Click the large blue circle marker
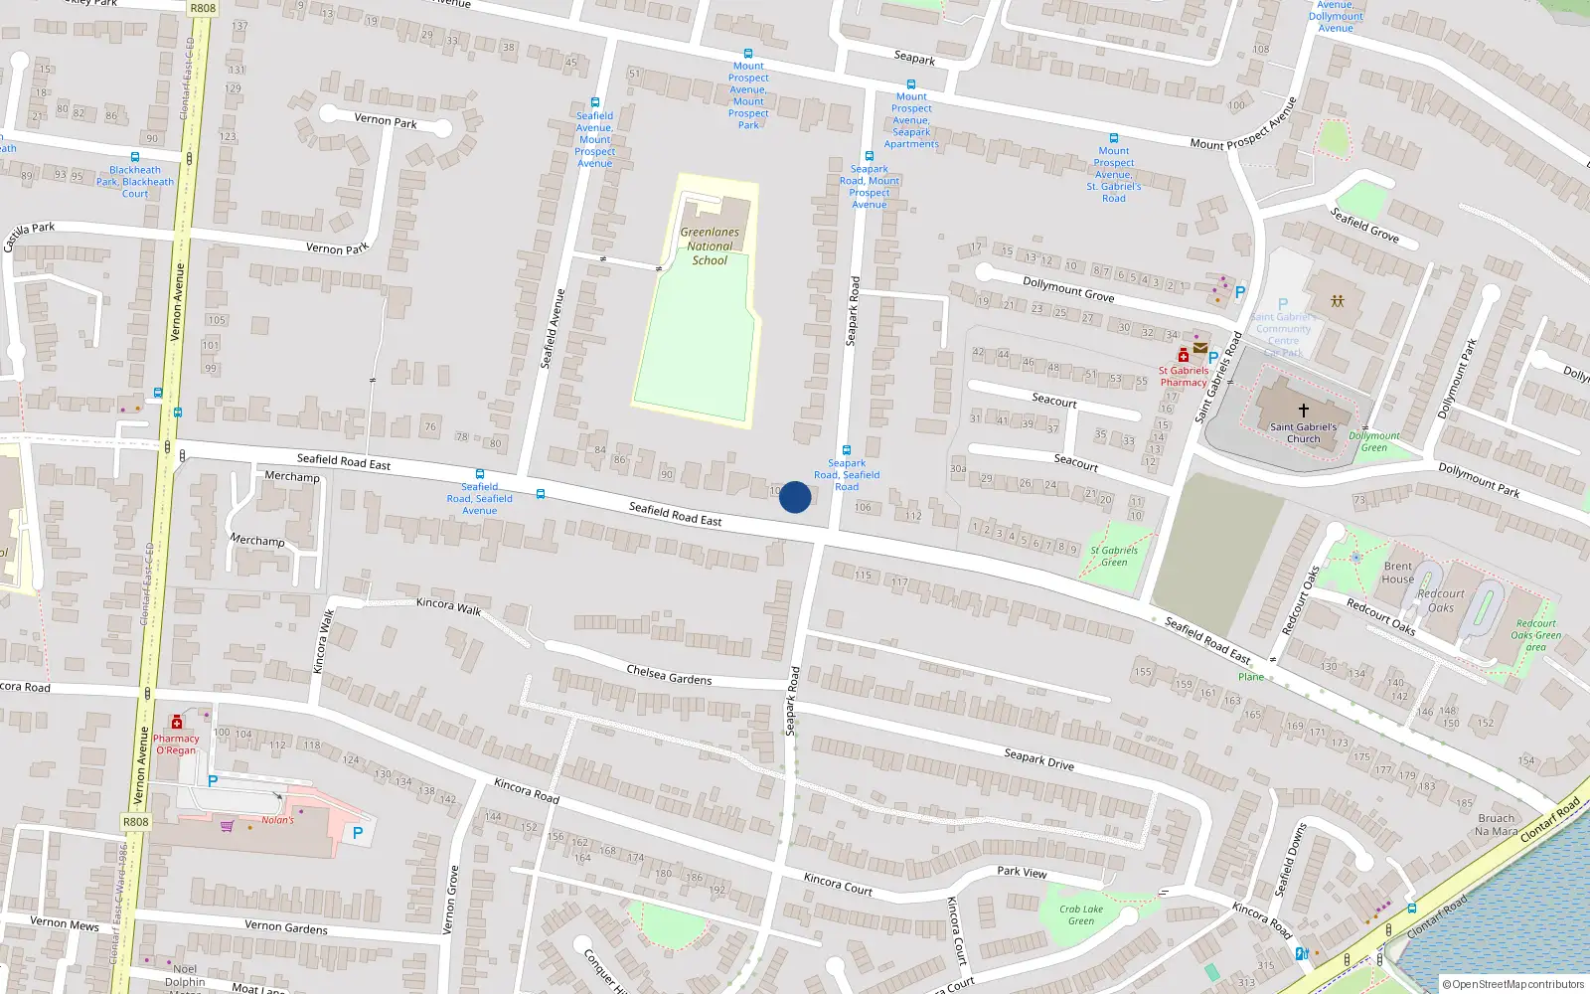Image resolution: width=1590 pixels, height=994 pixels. (795, 497)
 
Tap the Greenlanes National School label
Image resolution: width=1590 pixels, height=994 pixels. (710, 247)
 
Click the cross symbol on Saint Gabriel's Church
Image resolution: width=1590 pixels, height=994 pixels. (1303, 410)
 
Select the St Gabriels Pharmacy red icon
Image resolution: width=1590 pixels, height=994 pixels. (1184, 356)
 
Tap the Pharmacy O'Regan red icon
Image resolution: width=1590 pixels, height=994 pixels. (177, 723)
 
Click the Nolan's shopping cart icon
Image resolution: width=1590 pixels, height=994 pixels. (228, 825)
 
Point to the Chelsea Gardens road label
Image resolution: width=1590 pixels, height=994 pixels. (669, 675)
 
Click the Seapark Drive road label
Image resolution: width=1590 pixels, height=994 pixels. (1038, 759)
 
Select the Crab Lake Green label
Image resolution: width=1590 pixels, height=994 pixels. (1081, 914)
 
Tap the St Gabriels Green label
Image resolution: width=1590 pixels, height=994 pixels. (1114, 556)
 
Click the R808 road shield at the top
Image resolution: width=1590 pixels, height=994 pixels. (203, 8)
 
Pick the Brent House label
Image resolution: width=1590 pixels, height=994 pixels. (1397, 573)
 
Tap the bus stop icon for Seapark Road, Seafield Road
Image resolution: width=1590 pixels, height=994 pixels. (847, 450)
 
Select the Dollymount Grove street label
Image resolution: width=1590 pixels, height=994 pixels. (1068, 289)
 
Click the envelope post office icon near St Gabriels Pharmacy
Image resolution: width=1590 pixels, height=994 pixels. (1200, 348)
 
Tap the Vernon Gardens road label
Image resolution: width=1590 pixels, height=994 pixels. (286, 926)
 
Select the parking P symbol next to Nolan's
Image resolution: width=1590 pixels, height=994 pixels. (358, 833)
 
